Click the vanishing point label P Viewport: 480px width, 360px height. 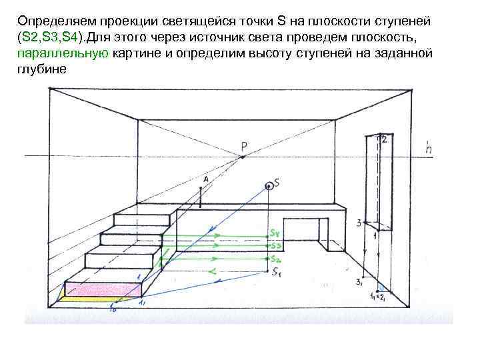pos(244,146)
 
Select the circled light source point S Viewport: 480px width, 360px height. pos(269,186)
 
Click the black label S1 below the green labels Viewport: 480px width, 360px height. pos(277,272)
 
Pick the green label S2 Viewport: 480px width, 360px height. pos(277,259)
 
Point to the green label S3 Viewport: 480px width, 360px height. pos(276,246)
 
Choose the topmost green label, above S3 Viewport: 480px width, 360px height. pos(275,233)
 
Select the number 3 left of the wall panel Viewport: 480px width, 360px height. pos(359,223)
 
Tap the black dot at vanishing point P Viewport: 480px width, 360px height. pos(243,157)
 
